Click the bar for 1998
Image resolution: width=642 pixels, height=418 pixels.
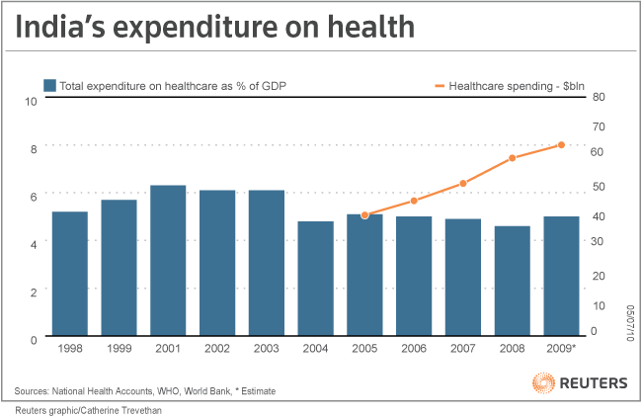point(69,274)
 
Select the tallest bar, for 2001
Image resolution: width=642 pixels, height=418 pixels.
point(168,261)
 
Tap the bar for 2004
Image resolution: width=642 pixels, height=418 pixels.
point(315,279)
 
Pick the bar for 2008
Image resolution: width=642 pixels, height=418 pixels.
point(513,282)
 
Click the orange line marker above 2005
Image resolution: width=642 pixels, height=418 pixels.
point(364,214)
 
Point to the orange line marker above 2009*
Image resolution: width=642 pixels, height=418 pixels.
point(561,145)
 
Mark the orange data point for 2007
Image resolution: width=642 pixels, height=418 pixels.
point(463,183)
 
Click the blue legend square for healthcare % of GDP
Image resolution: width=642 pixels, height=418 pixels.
point(48,85)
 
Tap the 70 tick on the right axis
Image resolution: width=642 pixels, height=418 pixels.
point(598,126)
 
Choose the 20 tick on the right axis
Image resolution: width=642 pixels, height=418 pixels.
point(598,275)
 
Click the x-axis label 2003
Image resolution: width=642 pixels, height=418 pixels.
point(267,350)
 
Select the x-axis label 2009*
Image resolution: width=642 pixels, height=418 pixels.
point(563,350)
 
